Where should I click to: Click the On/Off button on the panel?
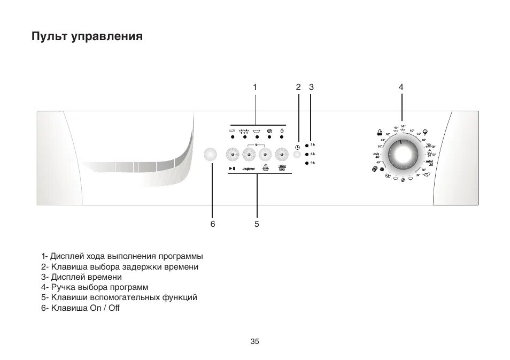click(x=211, y=154)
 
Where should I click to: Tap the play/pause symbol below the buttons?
click(x=231, y=169)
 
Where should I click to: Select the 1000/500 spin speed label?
click(x=282, y=168)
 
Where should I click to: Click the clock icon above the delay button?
click(x=297, y=147)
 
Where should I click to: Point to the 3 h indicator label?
click(x=313, y=144)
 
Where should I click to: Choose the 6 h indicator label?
click(x=313, y=154)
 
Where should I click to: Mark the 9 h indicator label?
click(x=313, y=162)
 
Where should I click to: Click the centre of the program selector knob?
click(x=401, y=155)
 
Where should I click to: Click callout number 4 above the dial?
click(x=400, y=87)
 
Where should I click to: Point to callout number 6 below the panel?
click(x=212, y=224)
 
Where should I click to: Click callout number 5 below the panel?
click(x=257, y=224)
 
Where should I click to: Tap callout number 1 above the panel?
click(x=255, y=87)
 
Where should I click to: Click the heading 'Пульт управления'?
click(x=87, y=37)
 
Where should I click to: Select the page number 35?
click(x=254, y=341)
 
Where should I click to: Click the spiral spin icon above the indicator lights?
click(x=269, y=130)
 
